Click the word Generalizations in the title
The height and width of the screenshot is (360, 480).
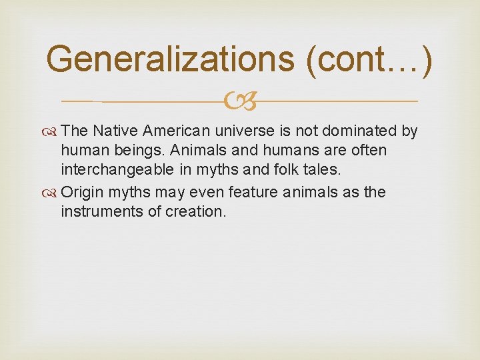171,60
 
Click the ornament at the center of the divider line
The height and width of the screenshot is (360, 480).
240,102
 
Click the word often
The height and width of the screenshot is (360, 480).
370,151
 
